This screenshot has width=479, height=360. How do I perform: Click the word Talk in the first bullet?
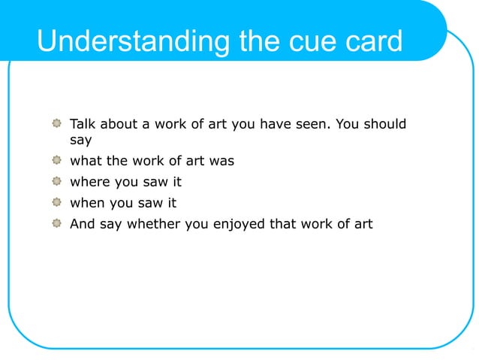pyautogui.click(x=83, y=124)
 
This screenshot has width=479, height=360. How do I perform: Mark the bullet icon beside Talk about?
pyautogui.click(x=57, y=123)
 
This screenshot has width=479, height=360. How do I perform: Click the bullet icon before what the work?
pyautogui.click(x=57, y=160)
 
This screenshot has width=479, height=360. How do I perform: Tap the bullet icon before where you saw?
pyautogui.click(x=57, y=181)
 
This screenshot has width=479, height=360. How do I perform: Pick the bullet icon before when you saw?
pyautogui.click(x=57, y=202)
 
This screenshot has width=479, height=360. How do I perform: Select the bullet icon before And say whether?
pyautogui.click(x=57, y=223)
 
